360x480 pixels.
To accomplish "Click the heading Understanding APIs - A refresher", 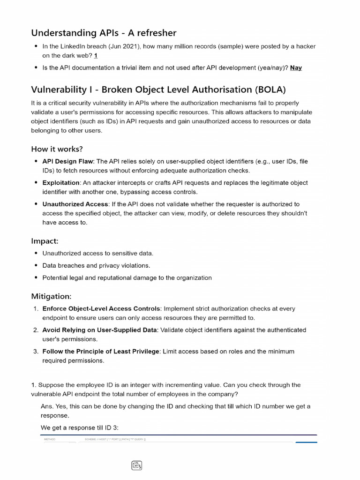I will point(104,33).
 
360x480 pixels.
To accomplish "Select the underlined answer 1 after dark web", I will point(96,55).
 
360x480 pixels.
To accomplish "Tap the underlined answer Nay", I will point(296,67).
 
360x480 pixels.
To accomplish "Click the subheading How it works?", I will point(57,149).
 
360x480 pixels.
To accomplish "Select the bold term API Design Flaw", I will point(67,161).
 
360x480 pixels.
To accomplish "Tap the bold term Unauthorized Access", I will point(75,204).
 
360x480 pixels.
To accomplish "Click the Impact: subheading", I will point(45,241).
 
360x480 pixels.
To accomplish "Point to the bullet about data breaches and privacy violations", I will point(96,265).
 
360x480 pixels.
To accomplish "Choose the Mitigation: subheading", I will point(51,296).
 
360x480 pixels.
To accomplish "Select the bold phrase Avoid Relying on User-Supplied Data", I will point(99,330).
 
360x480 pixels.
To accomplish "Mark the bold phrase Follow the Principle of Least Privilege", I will point(101,351).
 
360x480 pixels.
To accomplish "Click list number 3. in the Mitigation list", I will point(36,351).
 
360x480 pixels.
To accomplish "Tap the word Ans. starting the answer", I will point(47,406).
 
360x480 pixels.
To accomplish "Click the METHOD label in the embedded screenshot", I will point(49,439).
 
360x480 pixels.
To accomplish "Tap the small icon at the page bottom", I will point(136,465).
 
